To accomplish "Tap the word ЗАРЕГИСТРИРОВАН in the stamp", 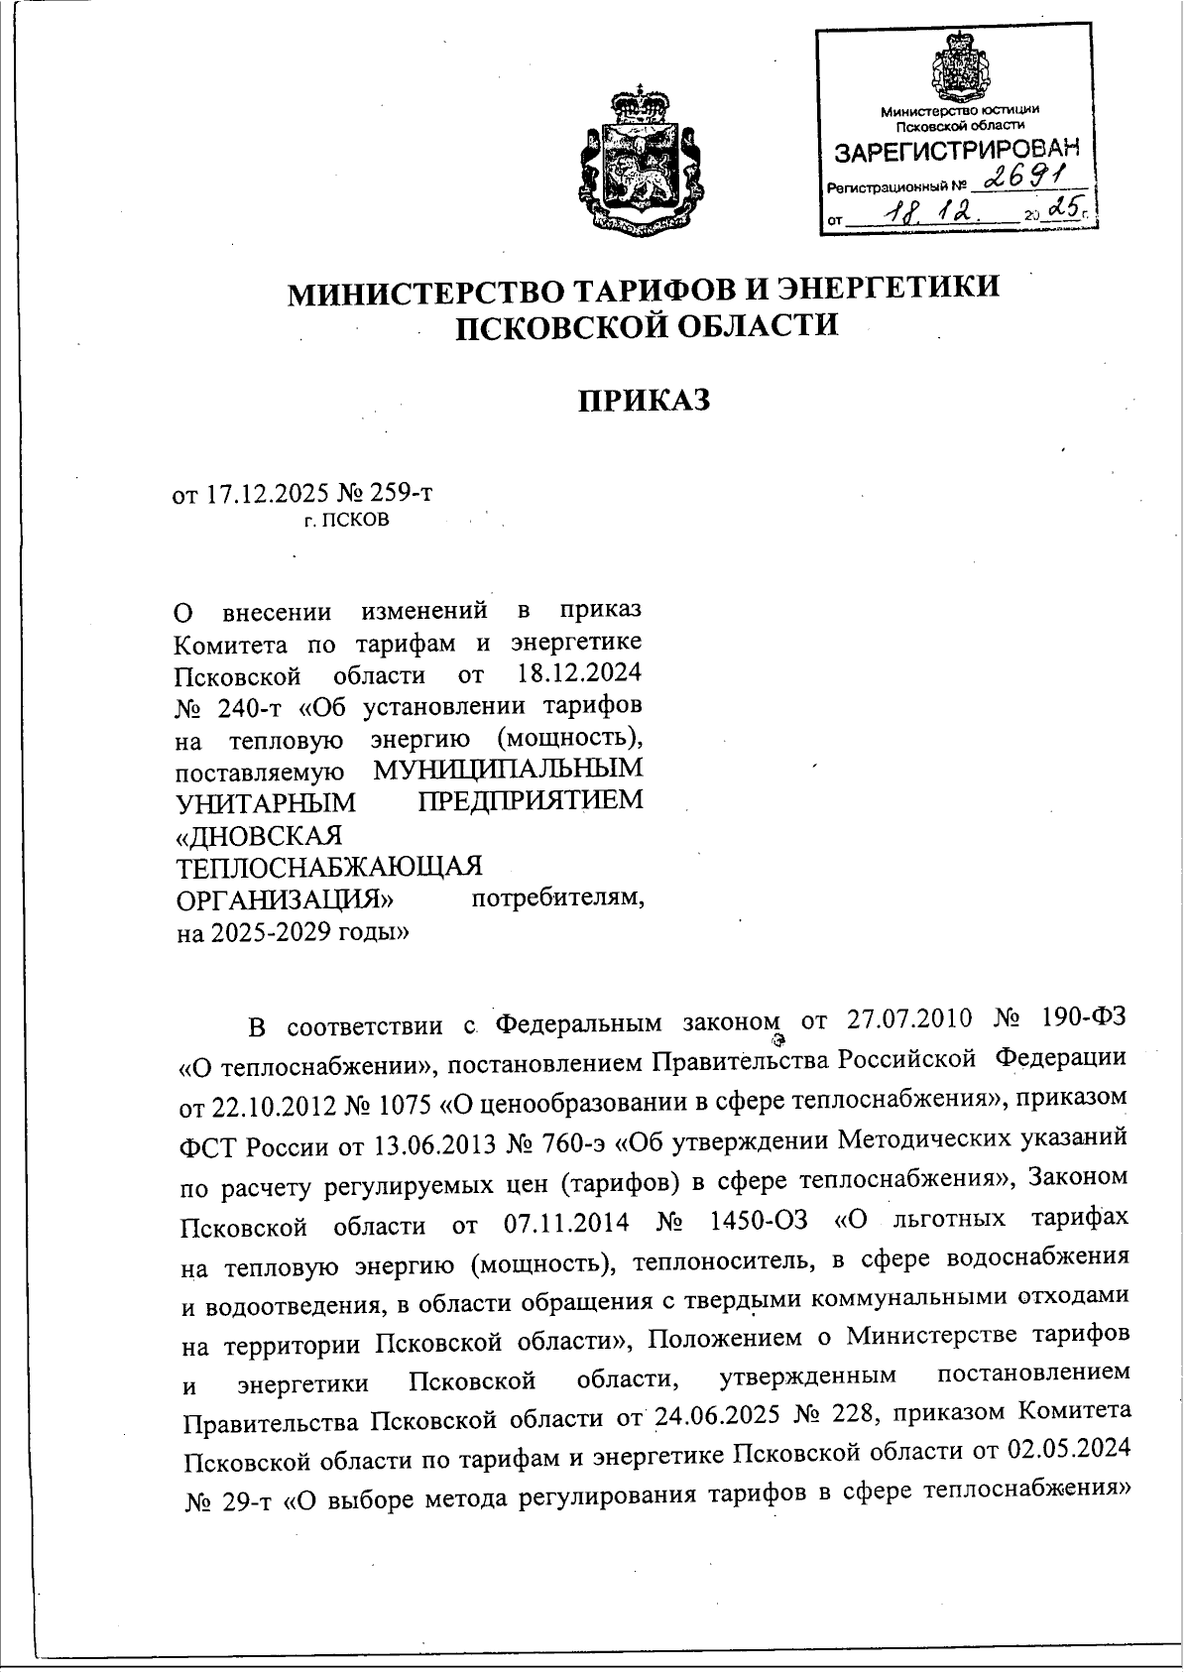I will click(954, 153).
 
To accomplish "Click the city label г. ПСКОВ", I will click(347, 519).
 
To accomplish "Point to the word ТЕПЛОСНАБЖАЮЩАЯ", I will click(328, 866).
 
